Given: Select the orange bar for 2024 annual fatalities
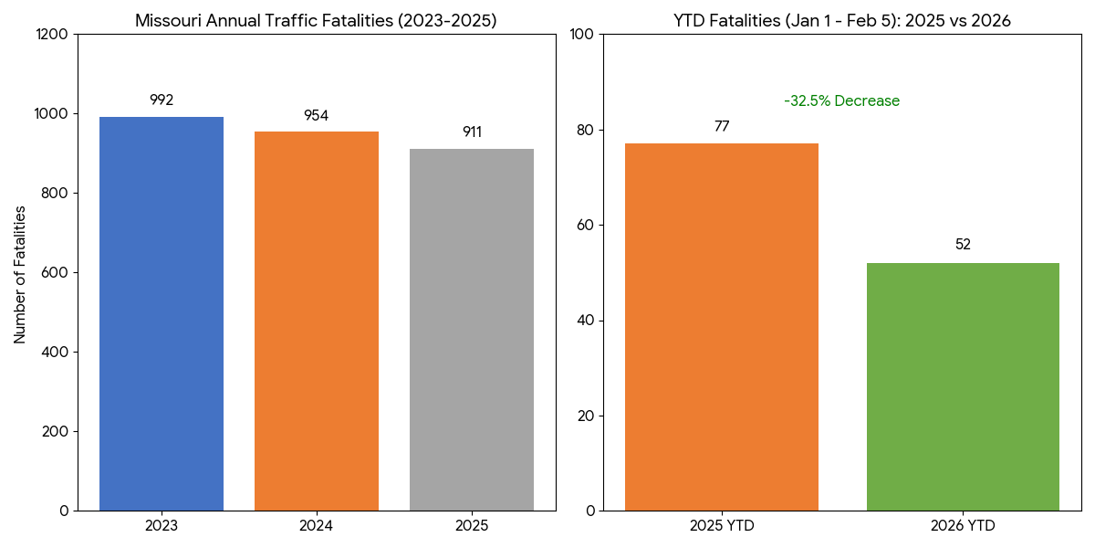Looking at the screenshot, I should point(316,321).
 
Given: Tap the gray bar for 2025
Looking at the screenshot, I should point(471,330).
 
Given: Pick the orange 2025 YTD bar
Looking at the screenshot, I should point(722,327).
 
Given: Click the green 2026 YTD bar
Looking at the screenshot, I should point(963,386).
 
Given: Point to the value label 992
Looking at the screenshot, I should point(162,100).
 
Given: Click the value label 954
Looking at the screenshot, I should point(316,116).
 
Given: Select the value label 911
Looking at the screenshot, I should point(472,132).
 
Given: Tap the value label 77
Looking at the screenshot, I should point(722,127).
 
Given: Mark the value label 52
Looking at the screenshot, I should point(963,245).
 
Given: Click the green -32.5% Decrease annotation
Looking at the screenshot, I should point(841,101).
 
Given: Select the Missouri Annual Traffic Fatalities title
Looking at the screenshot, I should point(316,20).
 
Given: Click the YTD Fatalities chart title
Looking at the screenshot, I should point(842,20).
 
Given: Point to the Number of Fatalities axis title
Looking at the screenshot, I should point(20,274).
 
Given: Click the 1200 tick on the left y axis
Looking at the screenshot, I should point(52,35).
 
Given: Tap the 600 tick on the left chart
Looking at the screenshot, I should point(57,273).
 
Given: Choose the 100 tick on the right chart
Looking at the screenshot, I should point(582,35).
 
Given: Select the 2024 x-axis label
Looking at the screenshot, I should point(316,526).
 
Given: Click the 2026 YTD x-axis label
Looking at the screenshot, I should point(963,526).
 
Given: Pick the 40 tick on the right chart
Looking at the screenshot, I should point(586,321).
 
